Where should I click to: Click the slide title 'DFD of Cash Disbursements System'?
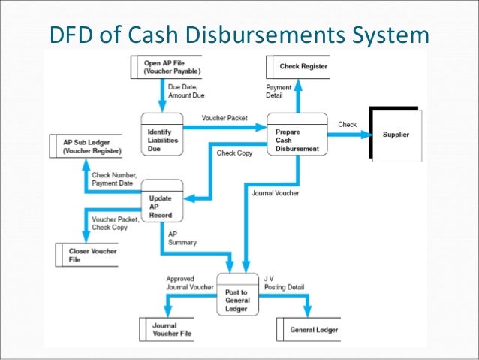point(239,35)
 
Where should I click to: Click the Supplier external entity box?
point(396,135)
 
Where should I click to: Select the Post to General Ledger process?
point(236,293)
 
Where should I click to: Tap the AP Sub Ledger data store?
point(85,146)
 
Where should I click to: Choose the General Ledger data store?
point(313,330)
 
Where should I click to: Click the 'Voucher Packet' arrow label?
point(224,119)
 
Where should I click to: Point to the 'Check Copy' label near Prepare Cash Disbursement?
point(234,153)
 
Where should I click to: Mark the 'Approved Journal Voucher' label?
point(189,282)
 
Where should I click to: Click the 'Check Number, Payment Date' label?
point(113,179)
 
